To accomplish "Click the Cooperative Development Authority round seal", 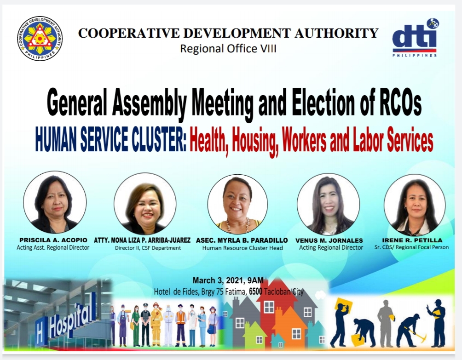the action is pyautogui.click(x=40, y=39).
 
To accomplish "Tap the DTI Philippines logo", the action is pyautogui.click(x=415, y=38).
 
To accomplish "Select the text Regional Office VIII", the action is pyautogui.click(x=228, y=49).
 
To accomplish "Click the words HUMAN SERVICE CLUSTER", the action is pyautogui.click(x=111, y=139).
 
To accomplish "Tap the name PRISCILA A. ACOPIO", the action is pyautogui.click(x=53, y=240).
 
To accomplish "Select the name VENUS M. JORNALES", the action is pyautogui.click(x=329, y=240).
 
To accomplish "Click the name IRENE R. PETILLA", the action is pyautogui.click(x=412, y=240).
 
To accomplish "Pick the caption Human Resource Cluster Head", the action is pyautogui.click(x=243, y=248).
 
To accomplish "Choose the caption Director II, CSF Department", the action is pyautogui.click(x=148, y=248).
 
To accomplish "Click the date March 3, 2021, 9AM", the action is pyautogui.click(x=228, y=280).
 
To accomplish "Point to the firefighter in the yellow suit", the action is pyautogui.click(x=156, y=324).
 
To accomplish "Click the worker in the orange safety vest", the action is pyautogui.click(x=180, y=325).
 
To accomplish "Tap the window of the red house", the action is pyautogui.click(x=269, y=307).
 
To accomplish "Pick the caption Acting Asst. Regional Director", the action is pyautogui.click(x=53, y=247).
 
